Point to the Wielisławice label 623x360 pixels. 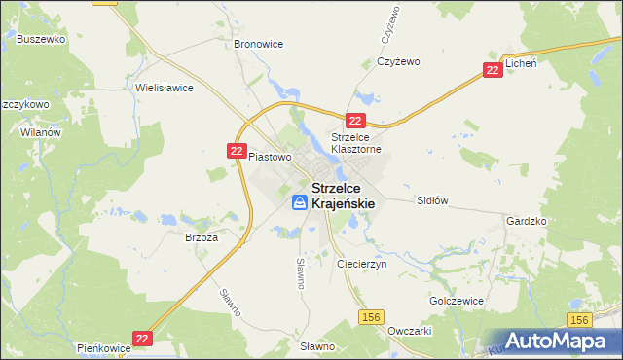click(165, 88)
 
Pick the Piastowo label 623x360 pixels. click(270, 156)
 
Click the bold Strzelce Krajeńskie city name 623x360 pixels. click(343, 195)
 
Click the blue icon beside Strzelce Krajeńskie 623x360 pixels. click(300, 203)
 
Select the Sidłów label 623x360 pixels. click(431, 200)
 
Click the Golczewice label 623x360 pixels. click(457, 301)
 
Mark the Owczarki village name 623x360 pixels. click(409, 330)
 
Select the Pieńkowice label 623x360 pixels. click(104, 347)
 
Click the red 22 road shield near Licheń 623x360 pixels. click(494, 70)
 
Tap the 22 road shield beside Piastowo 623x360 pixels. click(237, 150)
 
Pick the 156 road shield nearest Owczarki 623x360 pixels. click(370, 317)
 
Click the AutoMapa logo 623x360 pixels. click(558, 341)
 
